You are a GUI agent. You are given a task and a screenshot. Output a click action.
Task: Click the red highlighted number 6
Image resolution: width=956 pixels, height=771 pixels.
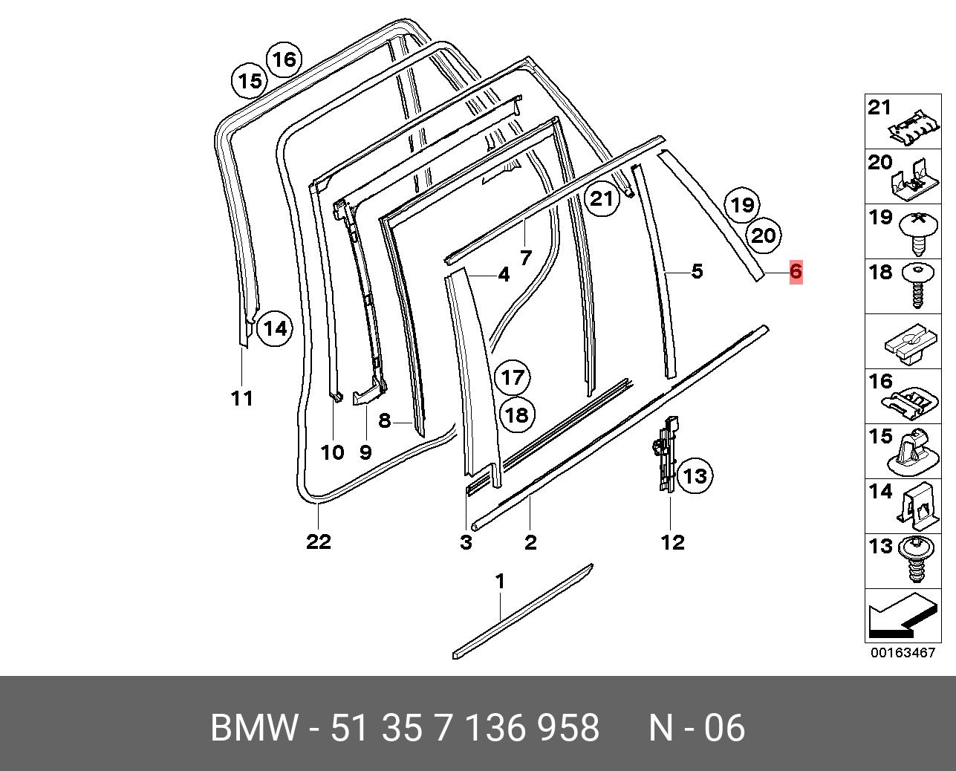tap(796, 271)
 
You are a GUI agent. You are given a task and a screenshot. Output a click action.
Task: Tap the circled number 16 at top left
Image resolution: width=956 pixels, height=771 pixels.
tap(284, 59)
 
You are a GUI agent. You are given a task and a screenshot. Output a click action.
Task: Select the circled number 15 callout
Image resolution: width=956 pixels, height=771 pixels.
tap(250, 81)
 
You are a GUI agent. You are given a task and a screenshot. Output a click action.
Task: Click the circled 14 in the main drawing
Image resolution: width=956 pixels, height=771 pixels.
tap(275, 329)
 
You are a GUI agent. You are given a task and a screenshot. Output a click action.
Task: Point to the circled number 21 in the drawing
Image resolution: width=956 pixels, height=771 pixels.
tap(602, 198)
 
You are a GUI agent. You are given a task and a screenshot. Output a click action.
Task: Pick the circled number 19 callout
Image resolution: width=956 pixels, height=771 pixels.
tap(742, 205)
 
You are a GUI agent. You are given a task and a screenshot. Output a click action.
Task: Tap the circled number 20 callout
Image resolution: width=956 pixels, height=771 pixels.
tap(763, 235)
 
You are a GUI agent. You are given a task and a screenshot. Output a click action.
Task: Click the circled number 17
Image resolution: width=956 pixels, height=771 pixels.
tap(513, 378)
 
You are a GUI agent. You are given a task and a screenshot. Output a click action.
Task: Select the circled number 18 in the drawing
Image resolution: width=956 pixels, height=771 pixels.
tap(517, 415)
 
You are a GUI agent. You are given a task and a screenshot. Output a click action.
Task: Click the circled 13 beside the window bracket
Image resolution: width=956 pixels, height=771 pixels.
tap(695, 476)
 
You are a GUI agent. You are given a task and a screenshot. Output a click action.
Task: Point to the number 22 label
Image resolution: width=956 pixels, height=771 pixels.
tap(319, 541)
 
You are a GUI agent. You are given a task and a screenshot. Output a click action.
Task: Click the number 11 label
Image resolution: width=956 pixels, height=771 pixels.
tap(242, 399)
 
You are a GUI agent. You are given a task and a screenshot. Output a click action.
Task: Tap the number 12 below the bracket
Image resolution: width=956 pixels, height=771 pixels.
tap(672, 542)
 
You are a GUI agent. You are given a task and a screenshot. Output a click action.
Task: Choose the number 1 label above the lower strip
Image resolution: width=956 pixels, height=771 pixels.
tap(500, 582)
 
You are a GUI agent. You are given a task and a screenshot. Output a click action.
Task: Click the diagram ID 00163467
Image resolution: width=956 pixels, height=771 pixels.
tap(903, 653)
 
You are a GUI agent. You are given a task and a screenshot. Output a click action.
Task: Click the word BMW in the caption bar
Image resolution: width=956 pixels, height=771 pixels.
tap(253, 727)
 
